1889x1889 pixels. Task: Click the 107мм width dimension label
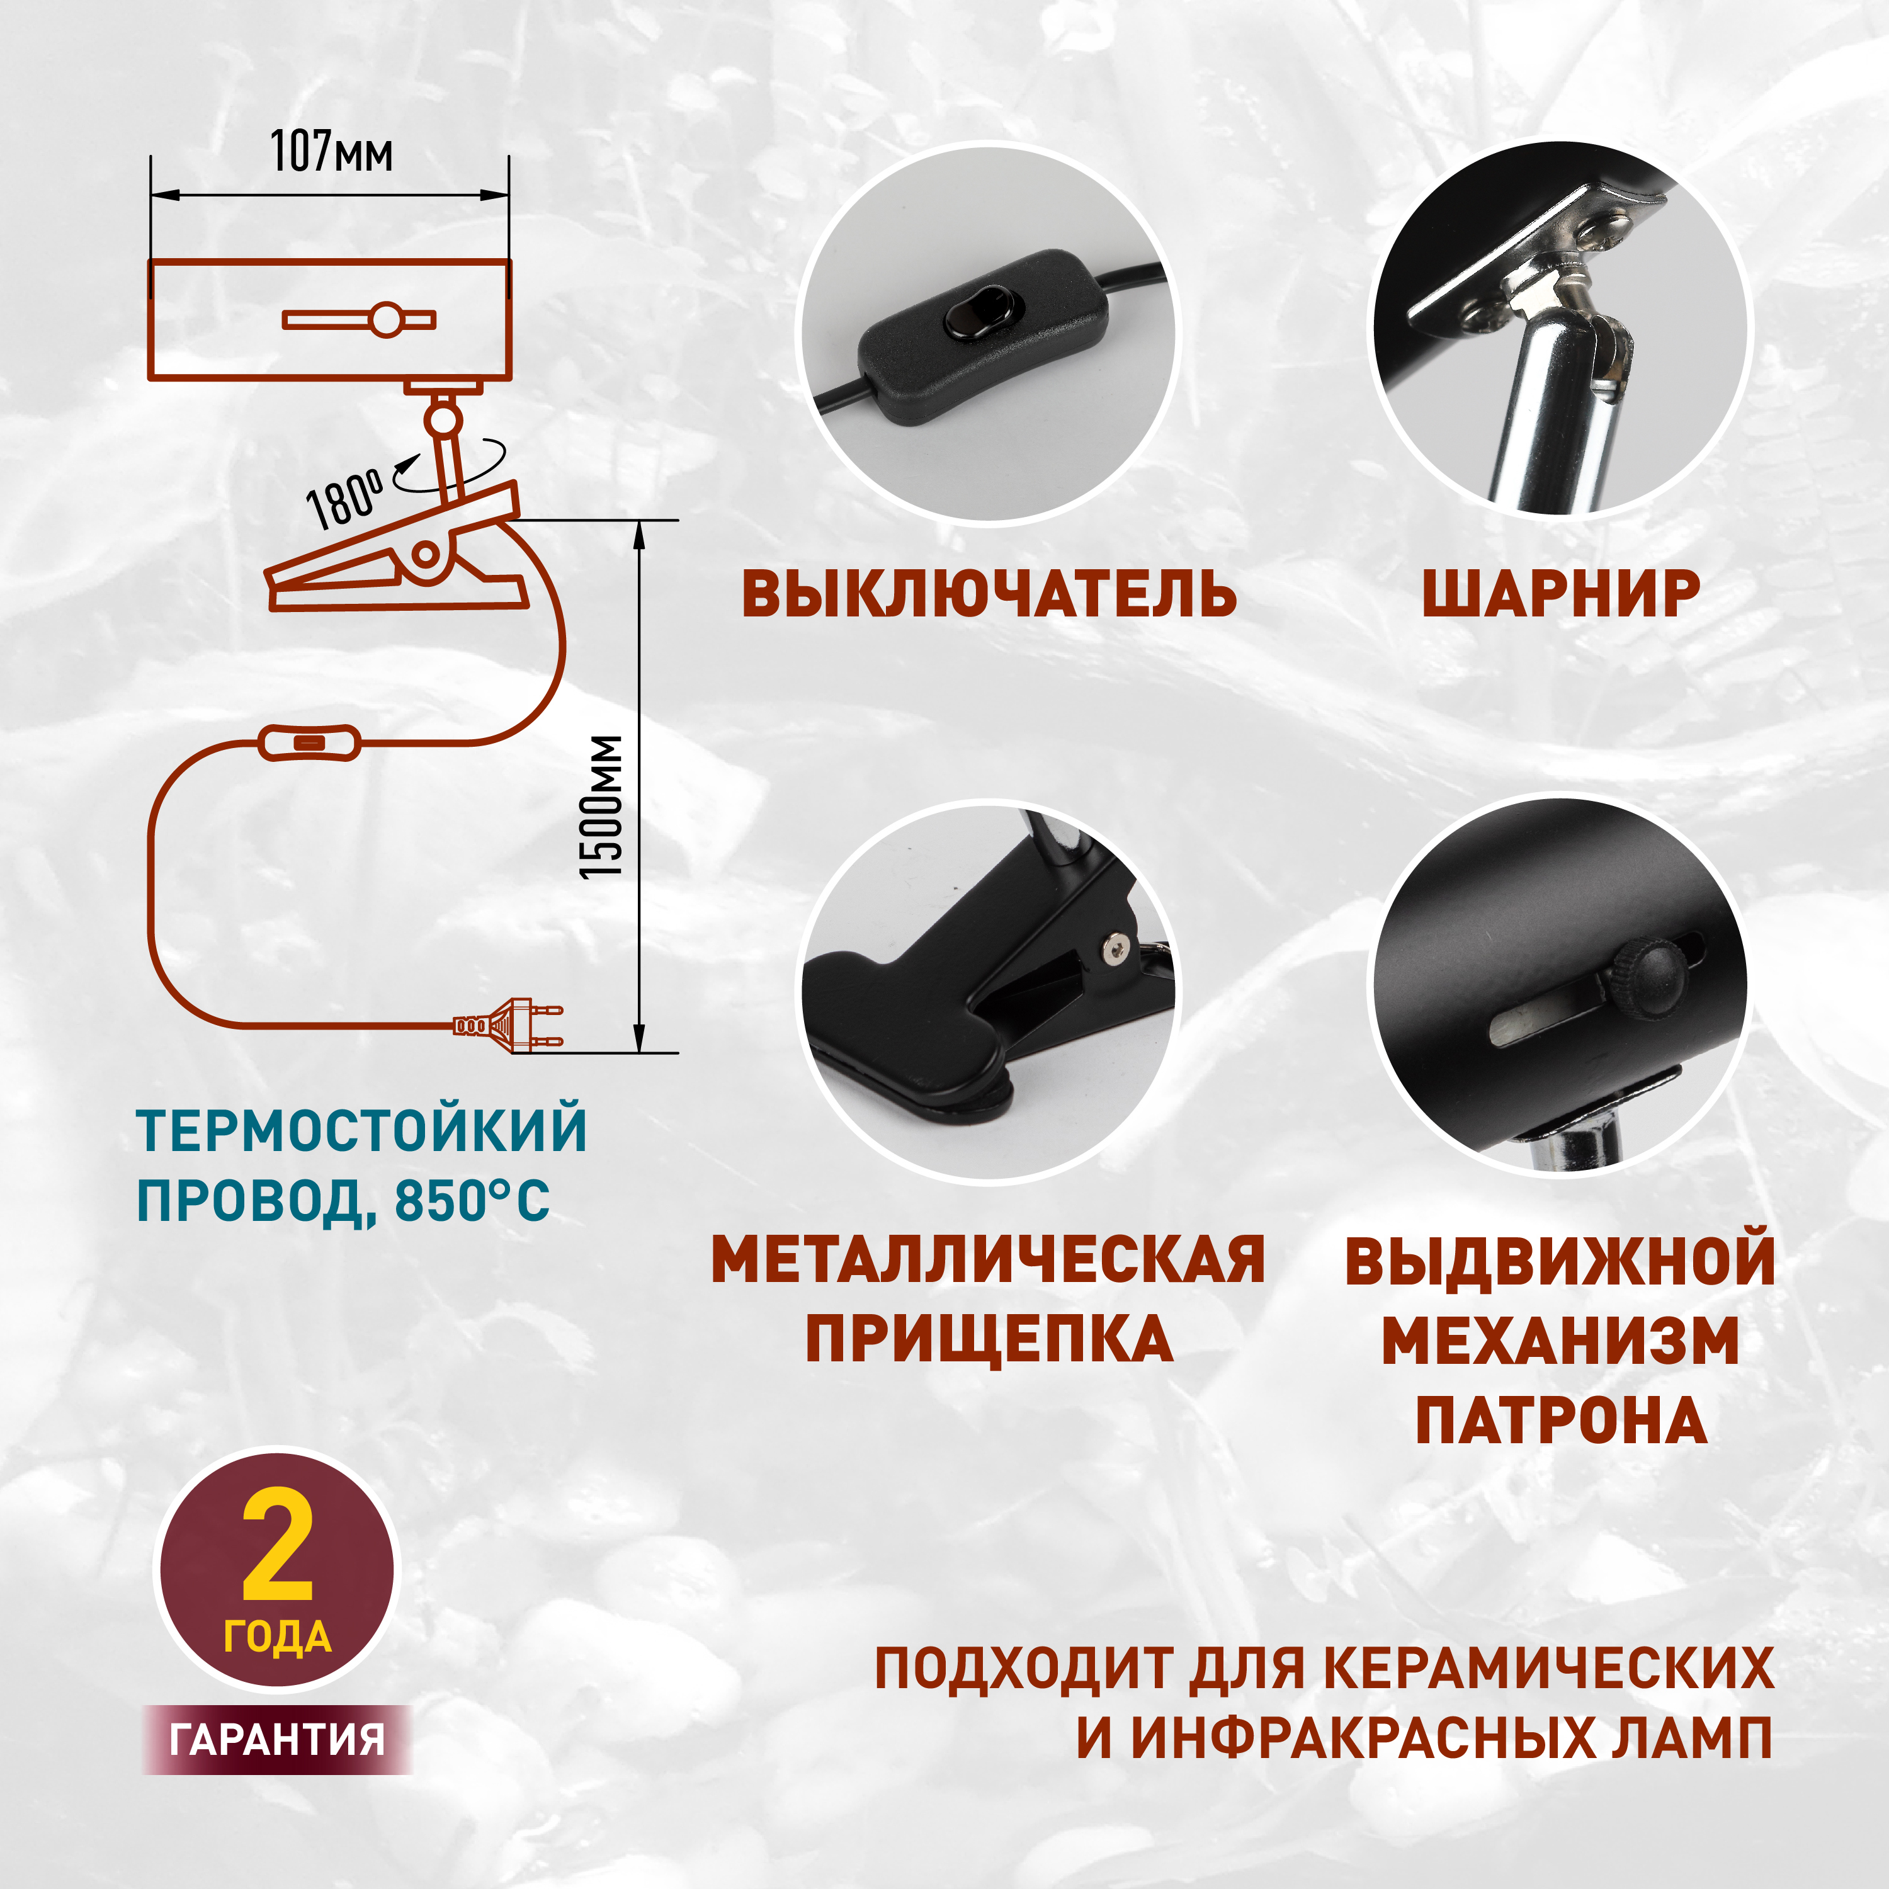pos(331,152)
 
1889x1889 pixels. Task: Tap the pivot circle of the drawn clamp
pos(425,554)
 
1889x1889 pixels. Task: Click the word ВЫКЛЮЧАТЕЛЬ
pos(989,594)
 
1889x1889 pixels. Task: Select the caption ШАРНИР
pos(1560,594)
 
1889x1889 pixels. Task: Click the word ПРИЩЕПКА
pos(989,1339)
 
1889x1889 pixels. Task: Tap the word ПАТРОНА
pos(1560,1420)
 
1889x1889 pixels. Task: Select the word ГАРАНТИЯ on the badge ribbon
pos(278,1739)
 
